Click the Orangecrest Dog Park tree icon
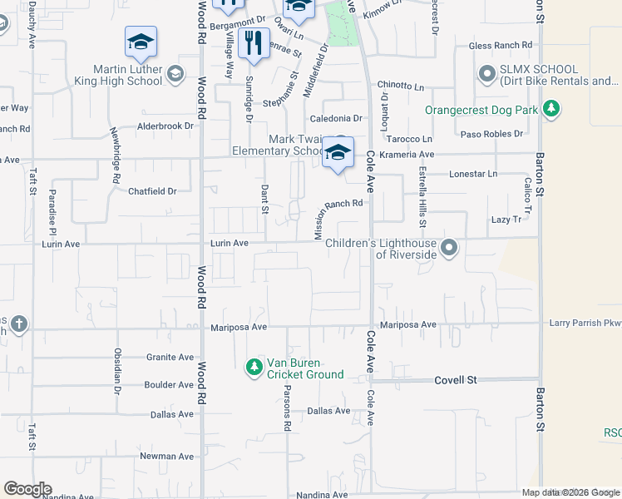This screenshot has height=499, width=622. [x=550, y=109]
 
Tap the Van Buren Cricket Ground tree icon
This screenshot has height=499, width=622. [x=254, y=366]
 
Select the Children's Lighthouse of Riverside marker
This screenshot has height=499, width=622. [x=449, y=248]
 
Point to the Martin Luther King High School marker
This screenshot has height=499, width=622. [x=175, y=75]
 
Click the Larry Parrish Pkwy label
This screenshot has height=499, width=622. [x=585, y=323]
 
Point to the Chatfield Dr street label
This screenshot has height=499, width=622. [x=153, y=191]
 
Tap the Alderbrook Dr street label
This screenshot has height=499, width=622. [x=165, y=126]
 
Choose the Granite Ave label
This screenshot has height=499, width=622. [x=170, y=357]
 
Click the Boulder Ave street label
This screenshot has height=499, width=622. [x=169, y=385]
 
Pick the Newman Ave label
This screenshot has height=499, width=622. [x=166, y=456]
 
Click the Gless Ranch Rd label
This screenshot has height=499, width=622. [x=501, y=45]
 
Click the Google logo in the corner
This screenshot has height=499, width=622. [x=27, y=489]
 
